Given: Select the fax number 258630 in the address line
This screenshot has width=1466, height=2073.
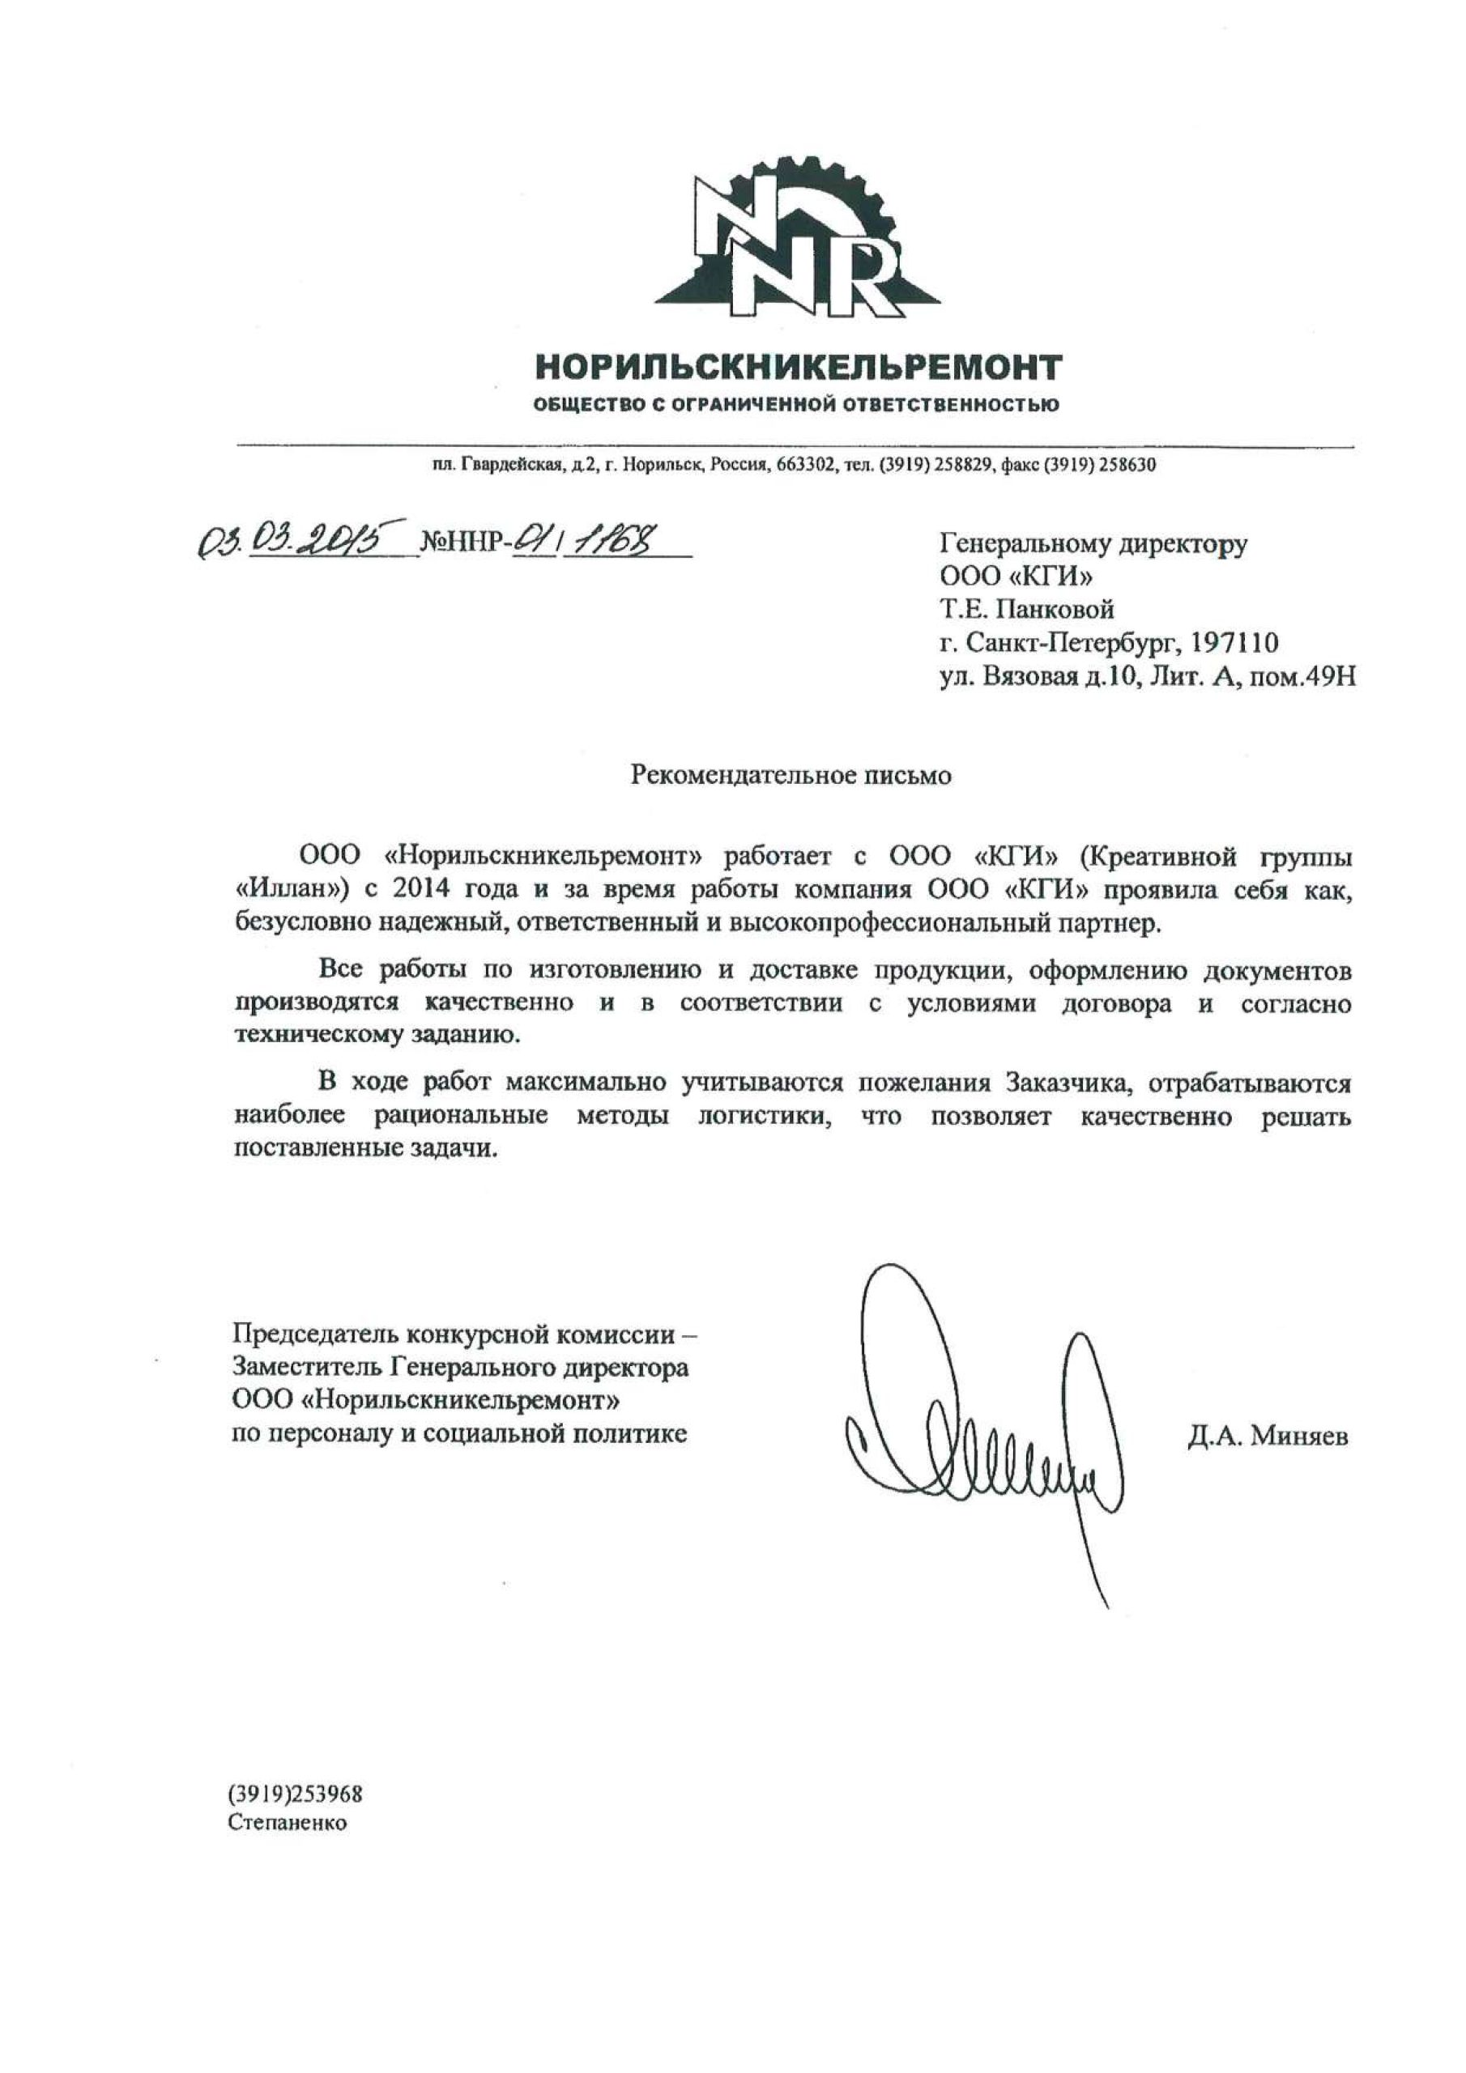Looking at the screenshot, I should (1127, 466).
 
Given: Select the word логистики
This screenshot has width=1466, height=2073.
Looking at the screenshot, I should (763, 1117).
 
